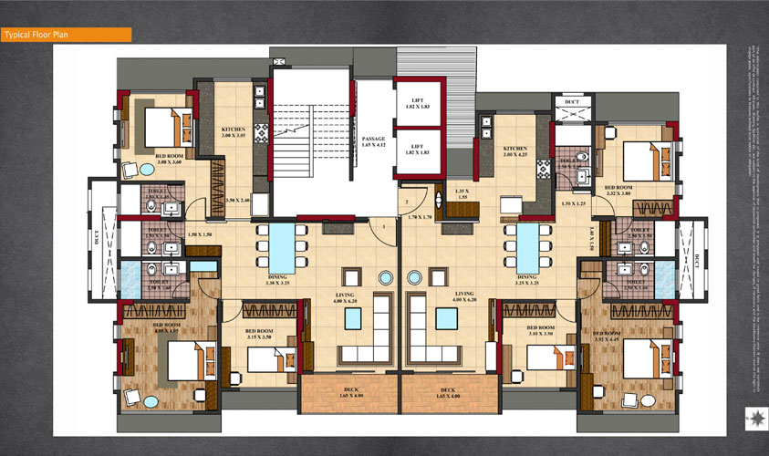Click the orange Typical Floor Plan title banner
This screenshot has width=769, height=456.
pos(66,36)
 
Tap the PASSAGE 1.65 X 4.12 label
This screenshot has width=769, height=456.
pos(374,141)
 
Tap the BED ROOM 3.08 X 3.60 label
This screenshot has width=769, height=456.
pos(168,158)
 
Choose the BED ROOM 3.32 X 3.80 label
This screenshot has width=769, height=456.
pos(618,190)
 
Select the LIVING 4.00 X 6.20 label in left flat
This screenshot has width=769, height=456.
pos(347,297)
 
